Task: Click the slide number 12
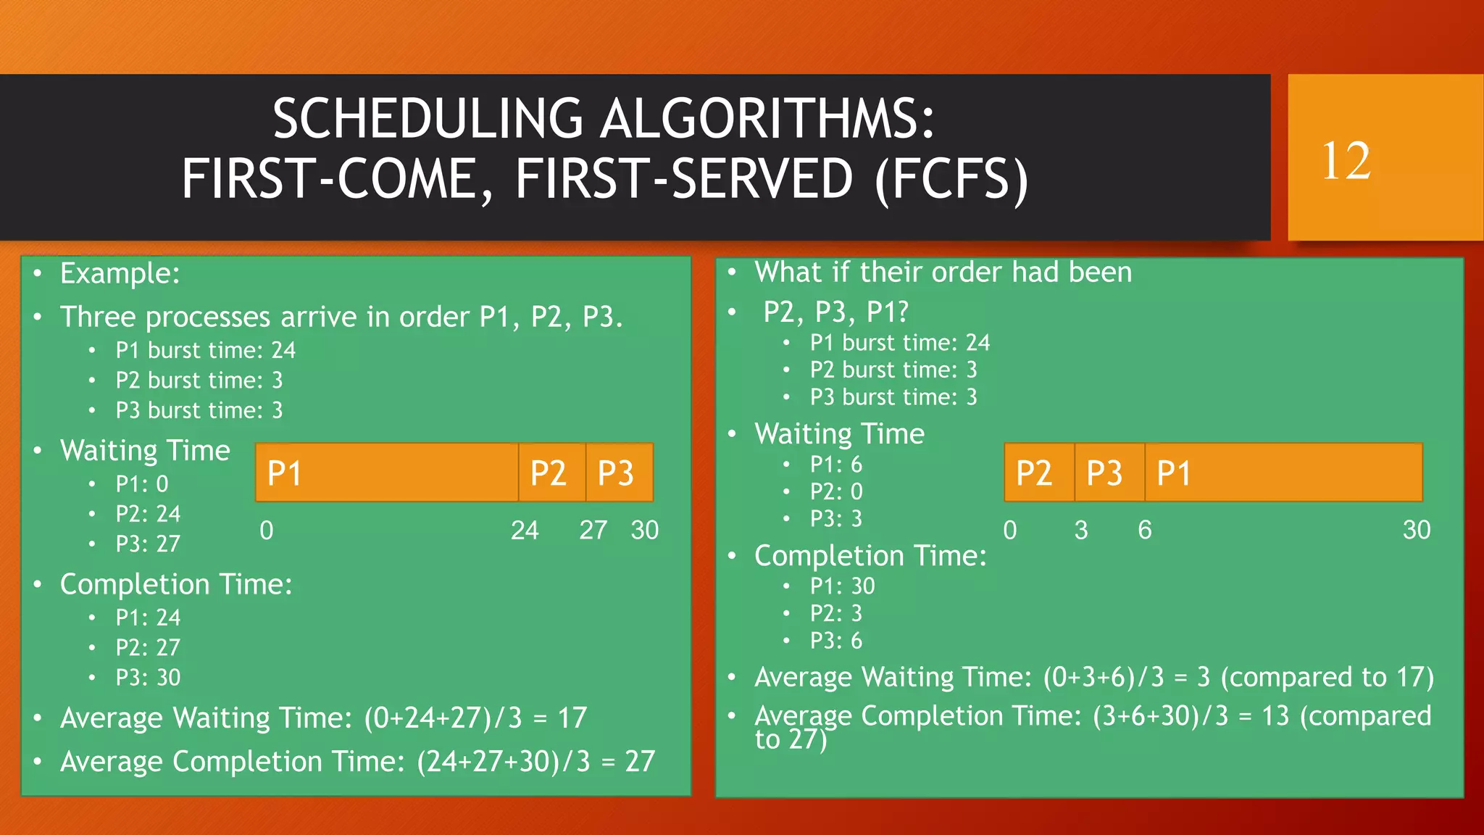pyautogui.click(x=1346, y=161)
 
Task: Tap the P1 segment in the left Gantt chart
pyautogui.click(x=387, y=473)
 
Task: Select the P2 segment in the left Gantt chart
pyautogui.click(x=551, y=473)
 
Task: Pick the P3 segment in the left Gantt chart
pyautogui.click(x=619, y=473)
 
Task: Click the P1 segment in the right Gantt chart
pyautogui.click(x=1283, y=473)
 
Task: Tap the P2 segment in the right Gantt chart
pyautogui.click(x=1038, y=473)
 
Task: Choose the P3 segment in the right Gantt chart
pyautogui.click(x=1109, y=473)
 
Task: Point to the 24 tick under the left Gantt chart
pyautogui.click(x=525, y=531)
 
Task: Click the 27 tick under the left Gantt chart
pyautogui.click(x=593, y=531)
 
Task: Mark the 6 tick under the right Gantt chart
pyautogui.click(x=1145, y=531)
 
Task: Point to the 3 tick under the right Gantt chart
pyautogui.click(x=1081, y=531)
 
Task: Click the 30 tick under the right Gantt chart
pyautogui.click(x=1417, y=531)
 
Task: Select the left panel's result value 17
pyautogui.click(x=572, y=718)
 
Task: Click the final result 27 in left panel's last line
pyautogui.click(x=640, y=762)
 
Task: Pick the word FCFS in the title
pyautogui.click(x=951, y=179)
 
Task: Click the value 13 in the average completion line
pyautogui.click(x=1275, y=717)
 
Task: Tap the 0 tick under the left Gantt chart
pyautogui.click(x=267, y=531)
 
